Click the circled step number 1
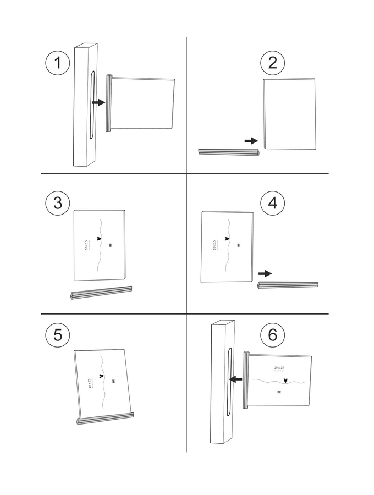pyautogui.click(x=58, y=64)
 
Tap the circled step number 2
pyautogui.click(x=272, y=64)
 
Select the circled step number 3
pyautogui.click(x=58, y=204)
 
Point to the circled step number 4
pyautogui.click(x=272, y=204)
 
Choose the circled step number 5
pyautogui.click(x=58, y=335)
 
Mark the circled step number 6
pyautogui.click(x=272, y=335)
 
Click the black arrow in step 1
pyautogui.click(x=98, y=102)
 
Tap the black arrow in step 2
pyautogui.click(x=251, y=141)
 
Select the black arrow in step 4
pyautogui.click(x=265, y=273)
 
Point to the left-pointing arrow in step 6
pyautogui.click(x=237, y=380)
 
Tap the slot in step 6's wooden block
pyautogui.click(x=228, y=380)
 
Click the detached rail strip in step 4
pyautogui.click(x=288, y=285)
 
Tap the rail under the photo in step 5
pyautogui.click(x=106, y=420)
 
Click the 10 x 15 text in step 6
pyautogui.click(x=279, y=367)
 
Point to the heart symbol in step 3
pyautogui.click(x=99, y=239)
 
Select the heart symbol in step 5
pyautogui.click(x=102, y=376)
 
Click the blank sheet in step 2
pyautogui.click(x=290, y=114)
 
